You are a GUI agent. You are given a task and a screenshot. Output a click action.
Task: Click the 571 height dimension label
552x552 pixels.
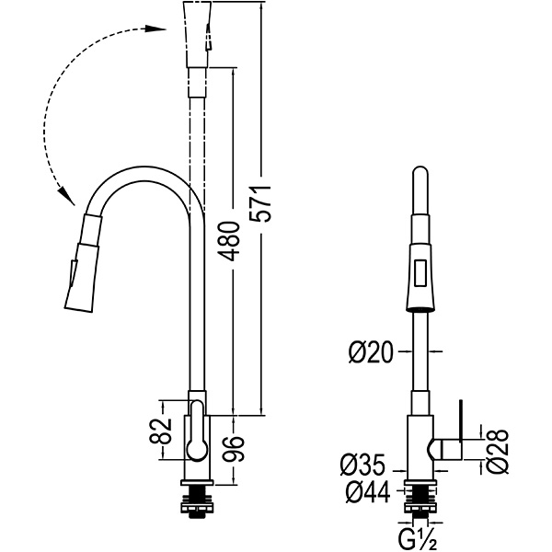coord(262,201)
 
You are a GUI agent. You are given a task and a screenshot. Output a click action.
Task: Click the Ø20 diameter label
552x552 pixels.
coord(372,351)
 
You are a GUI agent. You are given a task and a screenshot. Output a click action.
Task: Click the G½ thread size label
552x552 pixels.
coord(419,535)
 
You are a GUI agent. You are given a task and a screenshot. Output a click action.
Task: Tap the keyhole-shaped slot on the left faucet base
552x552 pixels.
coord(196,431)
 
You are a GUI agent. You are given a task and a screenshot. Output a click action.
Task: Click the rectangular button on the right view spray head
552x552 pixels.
coord(419,272)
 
